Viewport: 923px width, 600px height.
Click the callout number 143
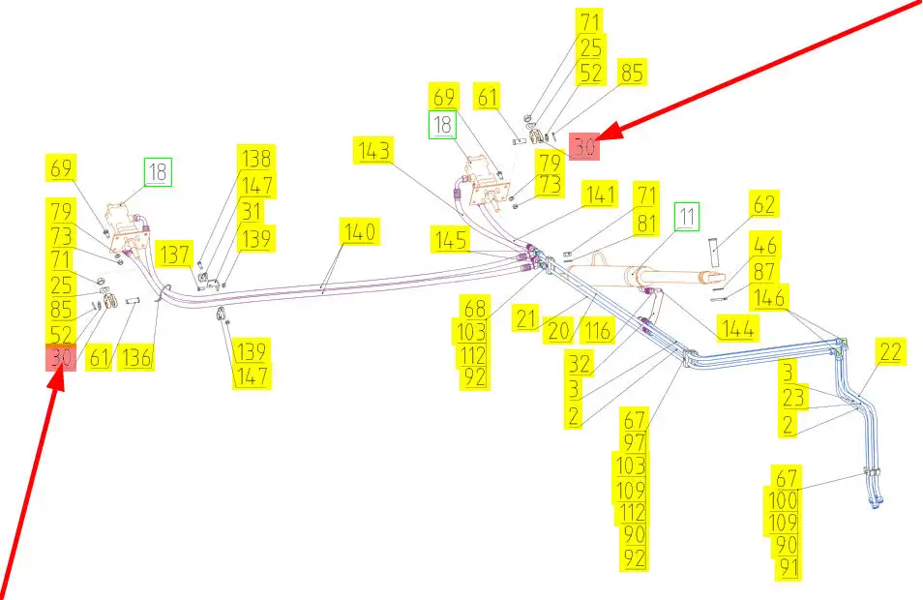[x=374, y=151]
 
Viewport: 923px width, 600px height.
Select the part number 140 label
[x=358, y=232]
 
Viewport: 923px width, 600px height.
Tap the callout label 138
[x=256, y=159]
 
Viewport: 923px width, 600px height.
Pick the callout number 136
[x=137, y=358]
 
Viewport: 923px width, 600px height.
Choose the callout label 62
[x=764, y=205]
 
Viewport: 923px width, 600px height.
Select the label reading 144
[x=736, y=329]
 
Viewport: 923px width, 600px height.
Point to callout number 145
[x=453, y=239]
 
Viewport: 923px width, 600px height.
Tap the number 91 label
[x=789, y=569]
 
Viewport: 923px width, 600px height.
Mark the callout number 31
[x=252, y=210]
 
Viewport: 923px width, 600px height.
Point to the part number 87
[x=764, y=272]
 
